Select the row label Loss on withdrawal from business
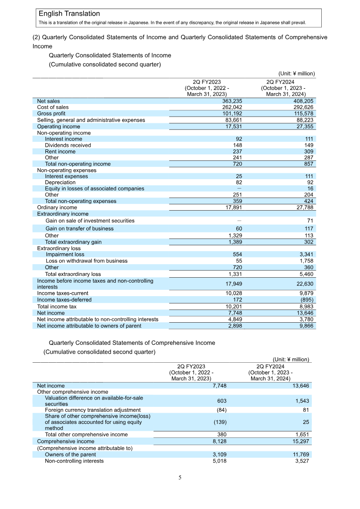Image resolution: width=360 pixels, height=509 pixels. (86, 261)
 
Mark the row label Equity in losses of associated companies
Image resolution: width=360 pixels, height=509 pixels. (94, 189)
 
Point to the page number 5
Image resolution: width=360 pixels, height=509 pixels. (180, 477)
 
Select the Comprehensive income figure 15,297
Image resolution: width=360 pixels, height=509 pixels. (300, 441)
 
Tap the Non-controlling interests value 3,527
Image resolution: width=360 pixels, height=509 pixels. (301, 461)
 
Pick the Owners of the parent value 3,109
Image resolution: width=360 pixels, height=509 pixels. (219, 455)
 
